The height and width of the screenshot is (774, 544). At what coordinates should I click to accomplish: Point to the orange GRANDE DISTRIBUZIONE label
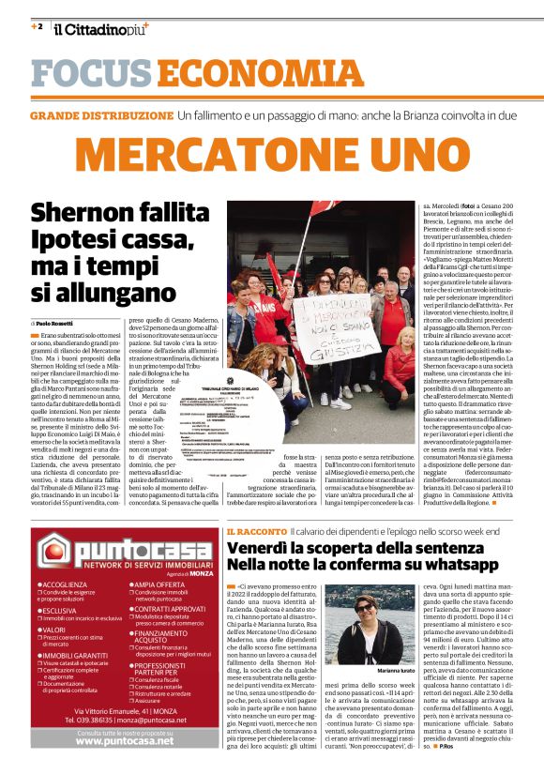pos(102,115)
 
